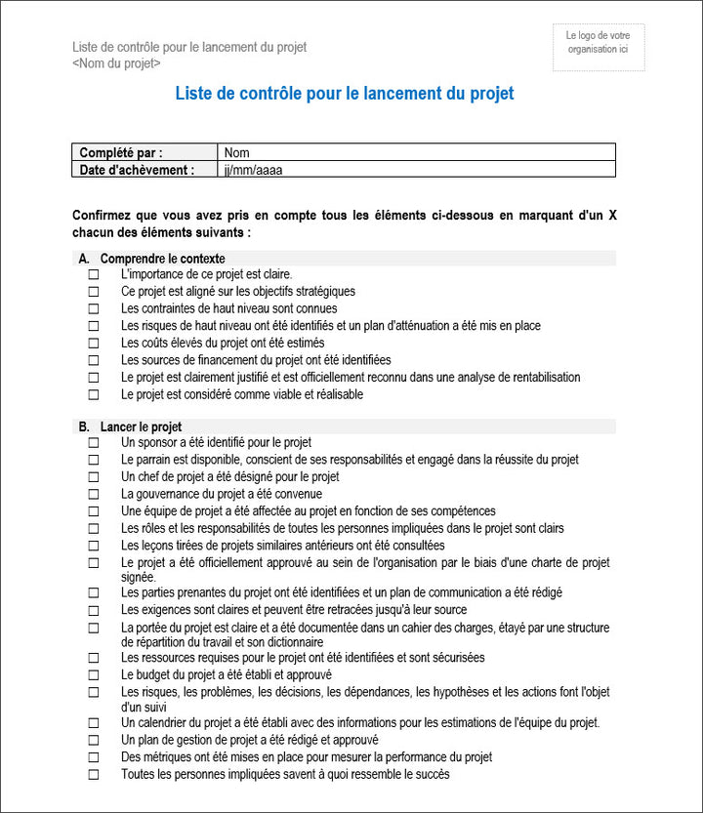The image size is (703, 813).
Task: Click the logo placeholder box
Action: coord(599,48)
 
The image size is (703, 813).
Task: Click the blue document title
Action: coord(344,95)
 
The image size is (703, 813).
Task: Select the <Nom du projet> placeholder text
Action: coord(116,63)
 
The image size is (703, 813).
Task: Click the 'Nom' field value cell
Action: coord(417,152)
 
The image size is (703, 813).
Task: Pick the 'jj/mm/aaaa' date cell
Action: coord(417,169)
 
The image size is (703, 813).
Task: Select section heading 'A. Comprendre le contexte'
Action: coord(151,259)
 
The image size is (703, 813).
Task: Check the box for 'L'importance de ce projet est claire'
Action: coord(94,275)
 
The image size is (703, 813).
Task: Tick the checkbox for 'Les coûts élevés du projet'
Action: coord(94,344)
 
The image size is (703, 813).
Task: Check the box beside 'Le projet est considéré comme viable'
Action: coord(94,395)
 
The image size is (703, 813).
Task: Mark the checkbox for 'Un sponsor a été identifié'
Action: coord(94,443)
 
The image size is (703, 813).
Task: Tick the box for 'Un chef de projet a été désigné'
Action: coord(94,477)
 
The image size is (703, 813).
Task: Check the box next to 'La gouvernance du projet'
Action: coord(94,495)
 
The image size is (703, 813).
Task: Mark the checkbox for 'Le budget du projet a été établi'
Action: coord(94,675)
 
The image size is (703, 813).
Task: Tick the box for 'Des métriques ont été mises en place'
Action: coord(94,757)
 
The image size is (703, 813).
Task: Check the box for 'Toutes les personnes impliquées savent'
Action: coord(94,775)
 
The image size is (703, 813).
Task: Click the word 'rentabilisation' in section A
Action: coord(542,378)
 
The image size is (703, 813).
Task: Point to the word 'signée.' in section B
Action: coord(139,577)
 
